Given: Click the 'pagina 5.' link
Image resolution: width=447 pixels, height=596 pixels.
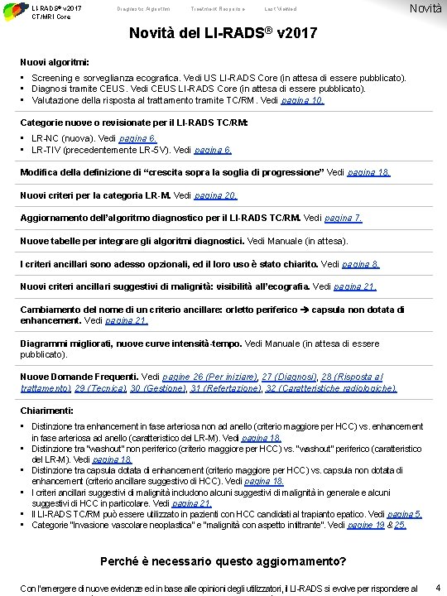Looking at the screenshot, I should tap(405, 513).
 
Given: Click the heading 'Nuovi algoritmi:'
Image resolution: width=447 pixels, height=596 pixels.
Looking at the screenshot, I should tap(55, 62).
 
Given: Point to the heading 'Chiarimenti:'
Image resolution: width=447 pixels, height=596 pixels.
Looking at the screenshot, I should tap(47, 410).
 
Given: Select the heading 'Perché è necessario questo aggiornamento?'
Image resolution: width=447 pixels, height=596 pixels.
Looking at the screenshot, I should tap(223, 560).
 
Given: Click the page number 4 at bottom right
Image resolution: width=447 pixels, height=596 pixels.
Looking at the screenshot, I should tap(437, 587).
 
